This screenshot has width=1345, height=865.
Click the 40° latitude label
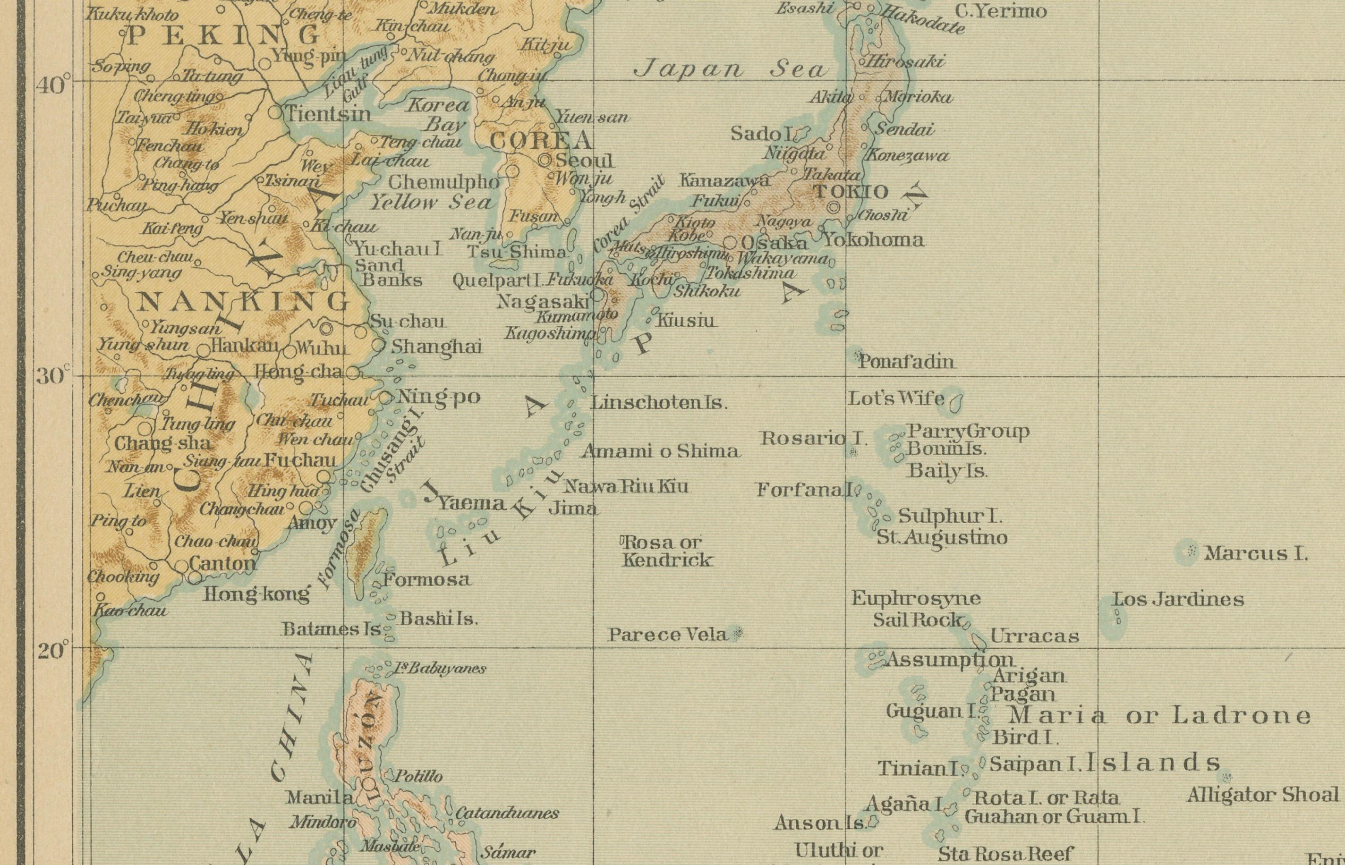pyautogui.click(x=51, y=86)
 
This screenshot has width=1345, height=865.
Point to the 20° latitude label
pyautogui.click(x=52, y=652)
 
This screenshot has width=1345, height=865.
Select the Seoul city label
pyautogui.click(x=584, y=161)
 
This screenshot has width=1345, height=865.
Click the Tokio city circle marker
pyautogui.click(x=834, y=207)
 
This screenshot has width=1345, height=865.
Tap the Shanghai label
pyautogui.click(x=436, y=347)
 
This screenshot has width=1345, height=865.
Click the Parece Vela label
pyautogui.click(x=668, y=635)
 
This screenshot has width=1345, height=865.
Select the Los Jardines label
pyautogui.click(x=1179, y=599)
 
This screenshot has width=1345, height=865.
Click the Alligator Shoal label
pyautogui.click(x=1263, y=795)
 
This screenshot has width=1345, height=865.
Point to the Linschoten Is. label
pyautogui.click(x=658, y=403)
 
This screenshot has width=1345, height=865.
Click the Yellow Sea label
pyautogui.click(x=430, y=203)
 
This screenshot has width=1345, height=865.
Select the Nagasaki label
pyautogui.click(x=542, y=302)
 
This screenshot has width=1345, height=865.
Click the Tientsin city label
pyautogui.click(x=329, y=115)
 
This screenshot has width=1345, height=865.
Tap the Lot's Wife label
pyautogui.click(x=896, y=399)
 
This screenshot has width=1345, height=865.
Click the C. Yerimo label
pyautogui.click(x=1001, y=11)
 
